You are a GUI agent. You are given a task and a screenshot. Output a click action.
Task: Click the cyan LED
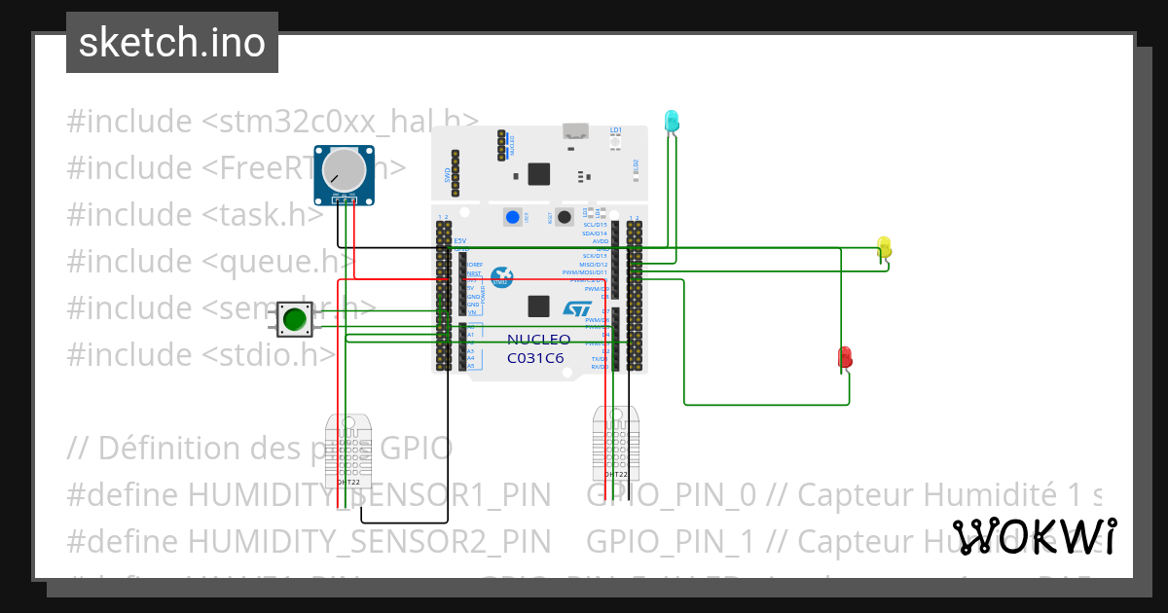(671, 121)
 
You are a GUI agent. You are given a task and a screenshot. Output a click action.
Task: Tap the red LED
(845, 356)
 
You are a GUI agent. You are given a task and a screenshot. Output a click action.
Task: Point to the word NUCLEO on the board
(538, 340)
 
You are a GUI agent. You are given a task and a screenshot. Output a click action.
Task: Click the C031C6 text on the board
(535, 357)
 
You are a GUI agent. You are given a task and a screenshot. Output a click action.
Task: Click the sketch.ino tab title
(172, 43)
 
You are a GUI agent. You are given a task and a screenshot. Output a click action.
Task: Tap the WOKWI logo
(1034, 536)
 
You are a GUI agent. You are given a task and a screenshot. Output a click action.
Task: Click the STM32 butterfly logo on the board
(501, 278)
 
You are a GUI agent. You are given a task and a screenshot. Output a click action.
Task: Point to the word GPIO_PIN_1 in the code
(671, 541)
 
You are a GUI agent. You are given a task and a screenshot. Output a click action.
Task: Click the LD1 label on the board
(615, 129)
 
